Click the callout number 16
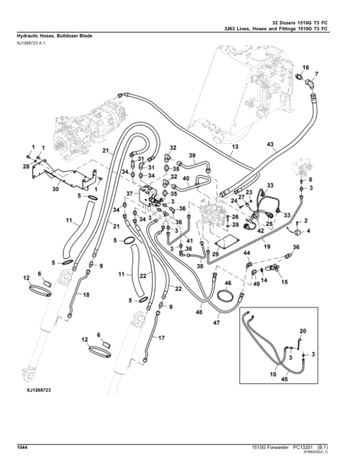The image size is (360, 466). tap(305, 67)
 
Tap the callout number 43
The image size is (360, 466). tap(270, 144)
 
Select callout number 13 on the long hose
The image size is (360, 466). tap(235, 147)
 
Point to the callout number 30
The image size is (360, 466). tap(56, 189)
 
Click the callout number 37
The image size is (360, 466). tap(130, 193)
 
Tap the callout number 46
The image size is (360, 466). tap(228, 283)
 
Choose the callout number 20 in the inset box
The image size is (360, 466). tap(302, 331)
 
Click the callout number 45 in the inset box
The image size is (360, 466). tap(284, 379)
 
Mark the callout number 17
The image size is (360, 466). tap(161, 338)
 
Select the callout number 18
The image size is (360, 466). tap(86, 295)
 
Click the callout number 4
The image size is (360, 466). tap(308, 231)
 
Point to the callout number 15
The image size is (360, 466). tap(284, 282)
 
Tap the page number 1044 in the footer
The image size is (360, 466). tap(23, 447)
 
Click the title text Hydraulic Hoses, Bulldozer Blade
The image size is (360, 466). tap(55, 36)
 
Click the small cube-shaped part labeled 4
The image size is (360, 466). tap(298, 233)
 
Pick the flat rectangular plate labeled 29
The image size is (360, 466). tap(226, 241)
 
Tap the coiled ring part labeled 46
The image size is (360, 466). tap(226, 296)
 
